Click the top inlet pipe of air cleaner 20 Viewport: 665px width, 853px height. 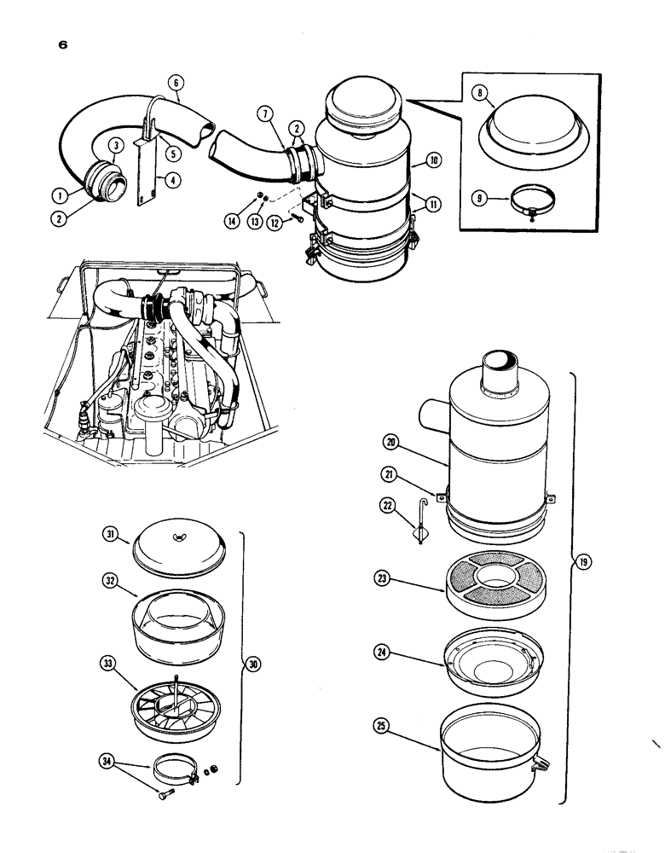coord(496,374)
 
